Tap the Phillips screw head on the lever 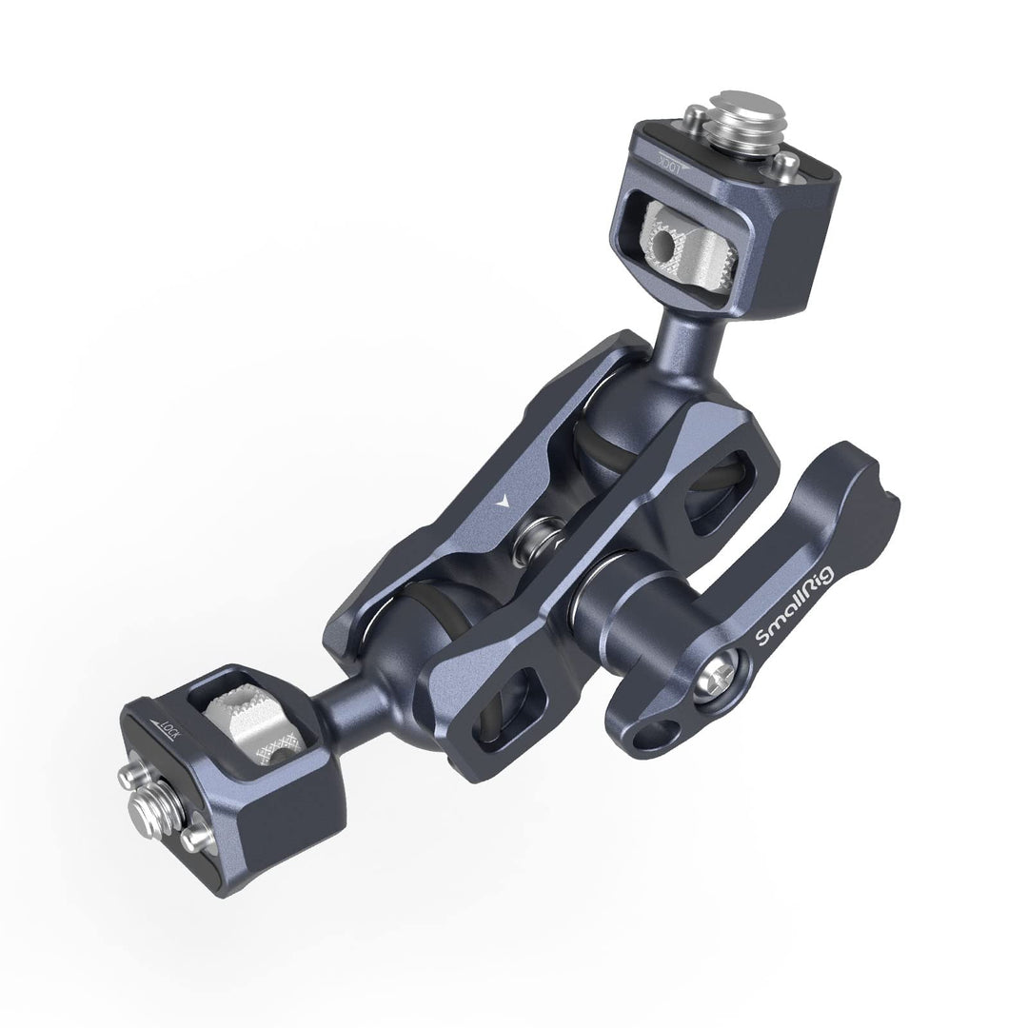[x=719, y=682]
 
